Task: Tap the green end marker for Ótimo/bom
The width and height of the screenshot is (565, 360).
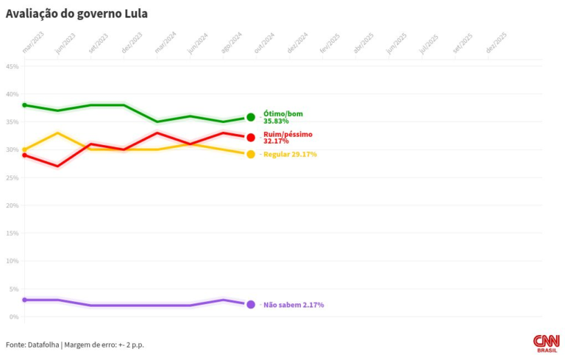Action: coord(251,117)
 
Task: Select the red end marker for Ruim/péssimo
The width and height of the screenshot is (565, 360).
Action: coord(251,137)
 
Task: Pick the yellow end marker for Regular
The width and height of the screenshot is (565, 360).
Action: coord(251,154)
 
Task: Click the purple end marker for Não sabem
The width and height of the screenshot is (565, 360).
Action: coord(251,304)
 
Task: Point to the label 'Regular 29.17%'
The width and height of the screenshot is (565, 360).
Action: coord(290,154)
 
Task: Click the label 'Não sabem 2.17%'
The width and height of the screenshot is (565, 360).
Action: coord(294,304)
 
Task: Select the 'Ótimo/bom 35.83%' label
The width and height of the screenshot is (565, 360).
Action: coord(282,117)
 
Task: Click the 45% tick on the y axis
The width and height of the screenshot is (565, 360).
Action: coord(13,66)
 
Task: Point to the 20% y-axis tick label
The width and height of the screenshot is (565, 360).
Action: coord(13,205)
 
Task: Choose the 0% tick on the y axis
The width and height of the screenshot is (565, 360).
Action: coord(15,317)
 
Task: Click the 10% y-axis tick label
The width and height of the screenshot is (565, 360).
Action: coord(13,261)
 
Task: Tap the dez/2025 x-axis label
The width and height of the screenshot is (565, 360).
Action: coord(497,45)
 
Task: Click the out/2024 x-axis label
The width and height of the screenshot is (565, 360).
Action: coord(264,45)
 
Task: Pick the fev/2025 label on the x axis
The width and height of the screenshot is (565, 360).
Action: coord(329,45)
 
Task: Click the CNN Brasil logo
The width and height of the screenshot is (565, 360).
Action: coord(547,343)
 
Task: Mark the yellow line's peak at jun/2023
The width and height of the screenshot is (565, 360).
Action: coord(57,133)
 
